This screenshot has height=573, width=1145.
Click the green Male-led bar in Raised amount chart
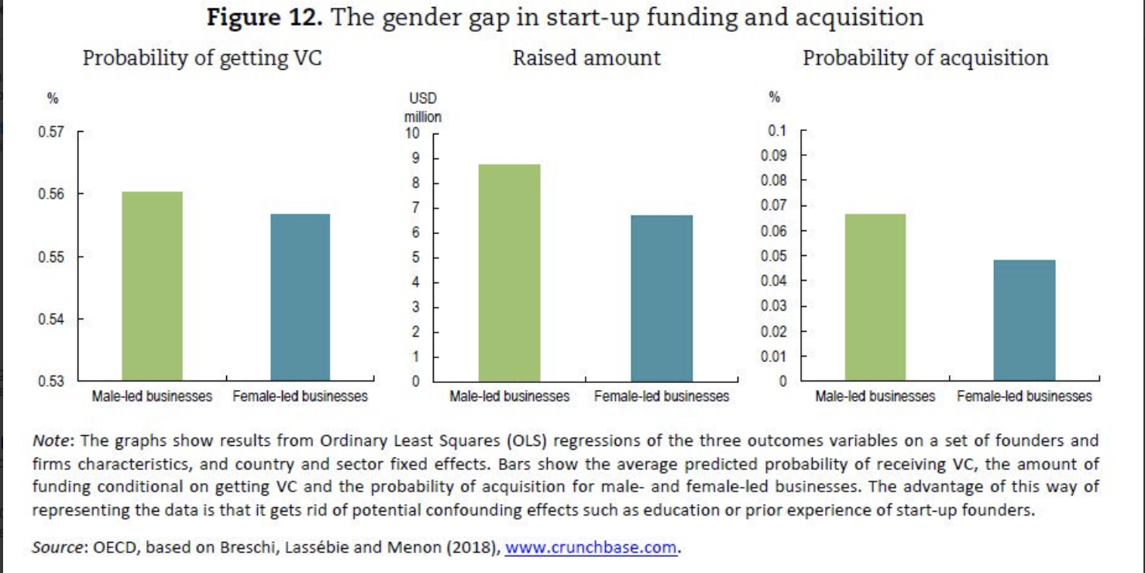[x=509, y=273]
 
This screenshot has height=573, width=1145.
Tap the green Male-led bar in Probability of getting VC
[x=153, y=286]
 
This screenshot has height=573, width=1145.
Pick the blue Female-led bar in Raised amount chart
[x=662, y=298]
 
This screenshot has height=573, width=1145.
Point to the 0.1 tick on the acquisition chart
[x=777, y=130]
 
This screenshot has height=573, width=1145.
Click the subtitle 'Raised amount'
[x=586, y=58]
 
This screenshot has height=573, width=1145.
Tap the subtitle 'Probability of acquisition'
[x=925, y=58]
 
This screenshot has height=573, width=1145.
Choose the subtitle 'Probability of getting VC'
[x=201, y=58]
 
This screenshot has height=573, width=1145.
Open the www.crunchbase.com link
[x=591, y=547]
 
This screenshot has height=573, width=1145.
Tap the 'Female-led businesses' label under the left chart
[x=300, y=396]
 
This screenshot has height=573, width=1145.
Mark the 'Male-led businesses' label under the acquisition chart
[x=875, y=396]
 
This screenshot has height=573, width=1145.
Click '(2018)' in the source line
[x=472, y=547]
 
